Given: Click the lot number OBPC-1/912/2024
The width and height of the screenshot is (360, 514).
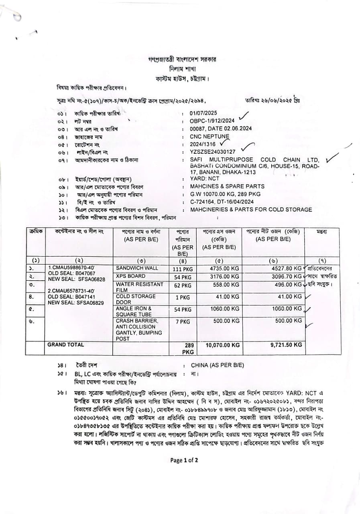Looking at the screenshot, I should tap(212, 121).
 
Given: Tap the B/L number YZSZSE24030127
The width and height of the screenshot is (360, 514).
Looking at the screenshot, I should tap(213, 152).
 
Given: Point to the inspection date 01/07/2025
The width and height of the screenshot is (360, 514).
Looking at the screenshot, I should tap(203, 113).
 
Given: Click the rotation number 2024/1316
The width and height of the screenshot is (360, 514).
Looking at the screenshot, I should tap(203, 144).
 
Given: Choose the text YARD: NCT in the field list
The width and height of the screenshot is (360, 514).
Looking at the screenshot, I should tap(205, 179).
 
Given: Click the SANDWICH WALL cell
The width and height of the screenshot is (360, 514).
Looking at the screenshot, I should tap(137, 268).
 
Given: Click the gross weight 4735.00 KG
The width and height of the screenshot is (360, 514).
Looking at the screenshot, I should tap(225, 268).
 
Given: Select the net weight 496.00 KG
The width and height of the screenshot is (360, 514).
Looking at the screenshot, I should tap(287, 284).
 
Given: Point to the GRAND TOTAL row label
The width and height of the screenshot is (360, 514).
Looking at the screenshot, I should tap(66, 345).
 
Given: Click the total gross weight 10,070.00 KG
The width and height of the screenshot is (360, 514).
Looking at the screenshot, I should tap(223, 345).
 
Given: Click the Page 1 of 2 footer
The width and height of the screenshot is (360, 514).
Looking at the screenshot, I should tap(184, 460).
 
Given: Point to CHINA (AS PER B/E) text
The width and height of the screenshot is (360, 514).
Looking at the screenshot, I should tap(217, 365).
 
